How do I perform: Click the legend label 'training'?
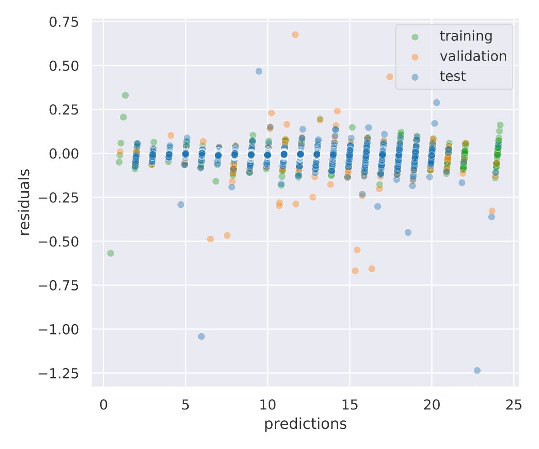pos(466,36)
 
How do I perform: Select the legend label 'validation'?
pos(473,56)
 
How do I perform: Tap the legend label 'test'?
pos(452,76)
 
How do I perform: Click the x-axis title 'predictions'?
pos(305,424)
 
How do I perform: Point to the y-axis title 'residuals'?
pos(25,202)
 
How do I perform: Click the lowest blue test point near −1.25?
pos(477,370)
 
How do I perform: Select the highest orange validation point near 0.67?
pos(295,35)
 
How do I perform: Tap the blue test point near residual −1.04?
pos(201,336)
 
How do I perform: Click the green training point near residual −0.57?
pos(110,253)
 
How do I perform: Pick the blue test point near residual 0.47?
pos(259,71)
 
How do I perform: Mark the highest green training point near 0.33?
pos(125,95)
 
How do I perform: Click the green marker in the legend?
pos(415,36)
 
